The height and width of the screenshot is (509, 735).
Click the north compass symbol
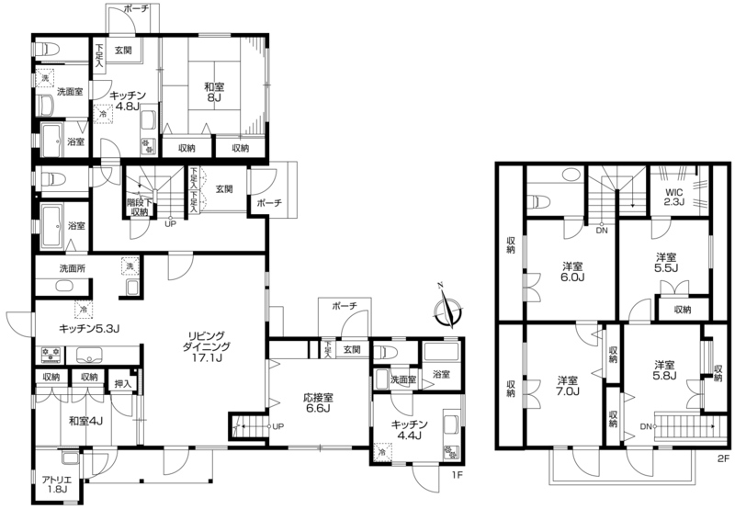[x=447, y=310]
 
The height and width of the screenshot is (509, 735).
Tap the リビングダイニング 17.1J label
[x=206, y=347]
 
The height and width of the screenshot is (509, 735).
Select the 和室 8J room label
[x=214, y=91]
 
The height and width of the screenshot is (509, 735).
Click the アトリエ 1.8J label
[x=56, y=484]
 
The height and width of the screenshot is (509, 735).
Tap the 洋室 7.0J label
[x=568, y=386]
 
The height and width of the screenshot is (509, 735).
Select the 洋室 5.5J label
[x=667, y=263]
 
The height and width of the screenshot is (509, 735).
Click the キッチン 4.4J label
[x=409, y=429]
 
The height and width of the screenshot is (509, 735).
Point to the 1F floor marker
[x=457, y=475]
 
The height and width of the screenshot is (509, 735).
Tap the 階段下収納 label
[x=140, y=207]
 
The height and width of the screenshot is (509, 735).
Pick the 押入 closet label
[x=123, y=384]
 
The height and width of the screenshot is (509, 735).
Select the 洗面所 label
[x=73, y=269]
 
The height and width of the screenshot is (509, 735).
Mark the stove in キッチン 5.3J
[x=51, y=355]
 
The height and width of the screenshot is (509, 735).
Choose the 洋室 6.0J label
[x=573, y=272]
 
